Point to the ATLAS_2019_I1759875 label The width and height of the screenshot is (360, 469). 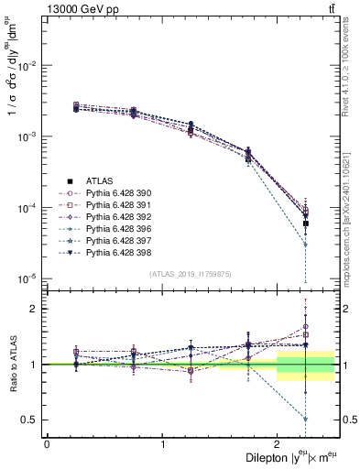(191, 273)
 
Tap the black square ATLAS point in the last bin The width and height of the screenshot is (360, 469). (306, 224)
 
